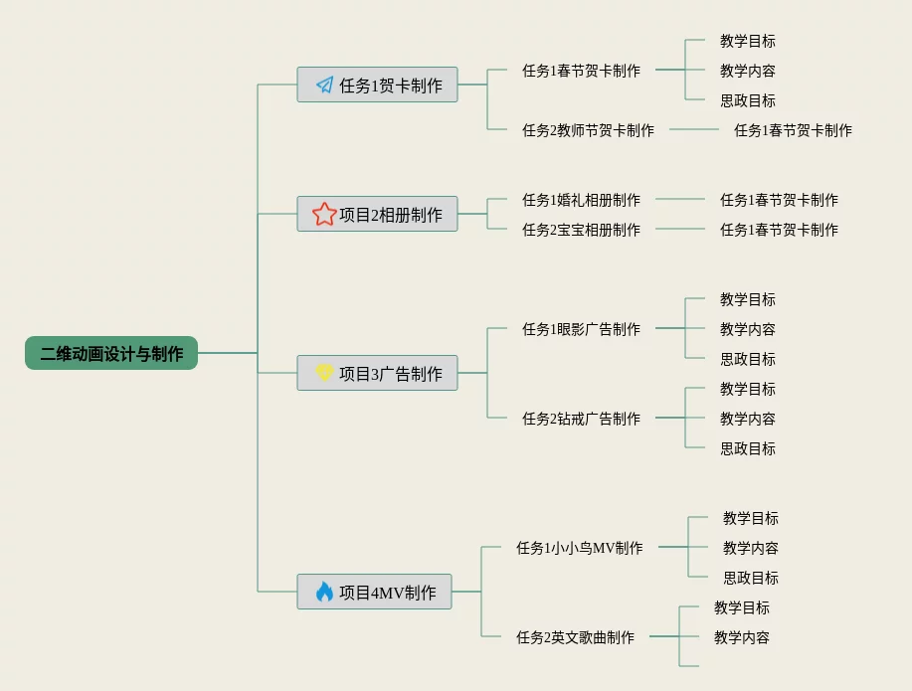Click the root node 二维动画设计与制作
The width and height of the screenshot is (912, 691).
111,353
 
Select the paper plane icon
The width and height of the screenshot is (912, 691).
325,85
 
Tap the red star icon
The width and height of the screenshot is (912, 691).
324,214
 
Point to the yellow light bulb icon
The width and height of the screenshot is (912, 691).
324,373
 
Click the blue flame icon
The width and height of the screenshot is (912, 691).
324,592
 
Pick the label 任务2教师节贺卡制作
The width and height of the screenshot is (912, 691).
588,130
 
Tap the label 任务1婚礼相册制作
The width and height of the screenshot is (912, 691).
581,200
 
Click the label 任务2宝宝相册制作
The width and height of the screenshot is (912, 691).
581,230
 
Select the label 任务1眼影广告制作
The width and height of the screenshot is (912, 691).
581,329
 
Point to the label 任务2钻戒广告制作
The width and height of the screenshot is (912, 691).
581,419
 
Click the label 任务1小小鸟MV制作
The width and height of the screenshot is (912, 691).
579,548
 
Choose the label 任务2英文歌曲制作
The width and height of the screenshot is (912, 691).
575,637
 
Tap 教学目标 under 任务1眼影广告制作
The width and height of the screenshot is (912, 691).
748,299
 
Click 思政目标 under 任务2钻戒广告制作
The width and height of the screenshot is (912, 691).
748,448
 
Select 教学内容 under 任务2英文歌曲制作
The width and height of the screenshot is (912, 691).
742,637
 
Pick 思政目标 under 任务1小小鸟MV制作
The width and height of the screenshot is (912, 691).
751,578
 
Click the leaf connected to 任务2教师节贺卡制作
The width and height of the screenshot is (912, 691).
793,130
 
